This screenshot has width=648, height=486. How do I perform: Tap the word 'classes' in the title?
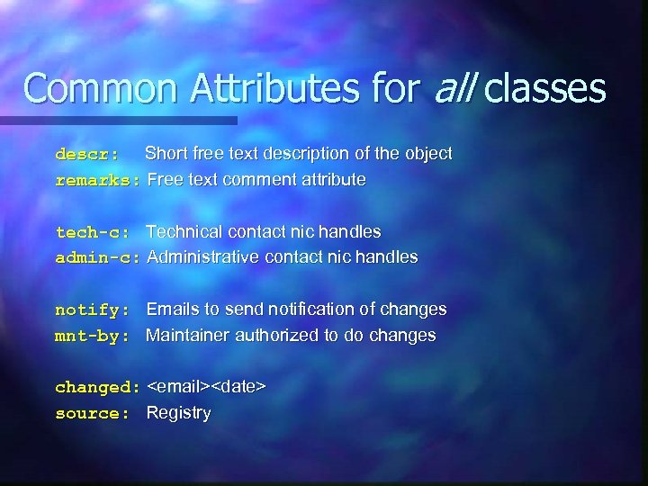click(x=546, y=88)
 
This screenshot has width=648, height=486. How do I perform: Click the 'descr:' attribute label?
click(x=86, y=154)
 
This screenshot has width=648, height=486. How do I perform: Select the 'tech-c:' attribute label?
click(x=92, y=232)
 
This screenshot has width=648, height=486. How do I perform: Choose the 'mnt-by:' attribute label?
click(x=92, y=336)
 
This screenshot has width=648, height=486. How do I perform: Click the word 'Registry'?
click(x=178, y=413)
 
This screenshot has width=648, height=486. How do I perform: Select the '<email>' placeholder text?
click(x=178, y=387)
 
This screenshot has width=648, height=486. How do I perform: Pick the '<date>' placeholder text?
click(x=238, y=387)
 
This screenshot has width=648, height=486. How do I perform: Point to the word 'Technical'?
click(x=184, y=231)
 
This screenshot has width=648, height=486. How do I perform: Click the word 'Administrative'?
click(x=203, y=256)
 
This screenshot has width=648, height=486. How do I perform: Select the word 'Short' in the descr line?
click(x=166, y=153)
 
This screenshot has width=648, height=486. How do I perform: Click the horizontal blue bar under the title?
click(x=117, y=120)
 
